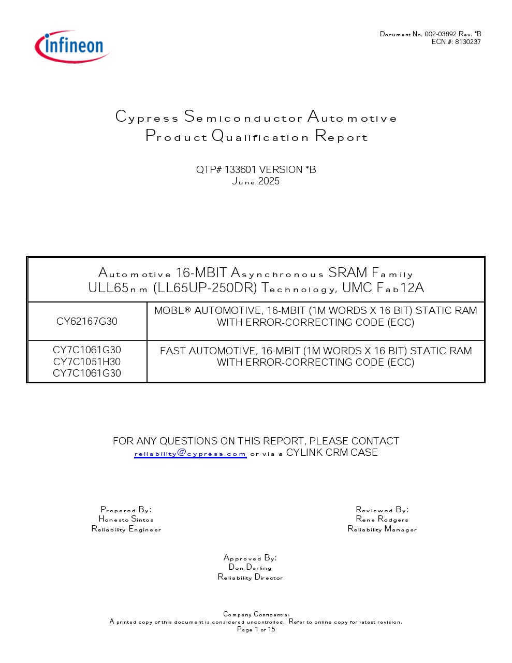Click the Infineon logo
[72, 46]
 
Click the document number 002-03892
[441, 34]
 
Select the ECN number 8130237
[468, 42]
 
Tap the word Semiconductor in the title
[243, 118]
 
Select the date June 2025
[256, 181]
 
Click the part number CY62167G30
[87, 322]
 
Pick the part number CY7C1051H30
[87, 362]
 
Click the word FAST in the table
[173, 351]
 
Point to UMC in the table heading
[356, 288]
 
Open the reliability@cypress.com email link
[190, 453]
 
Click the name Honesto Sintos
[126, 519]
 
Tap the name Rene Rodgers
[382, 519]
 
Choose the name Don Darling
[250, 567]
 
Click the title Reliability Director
[250, 577]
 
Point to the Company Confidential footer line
[256, 614]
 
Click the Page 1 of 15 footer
[256, 629]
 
